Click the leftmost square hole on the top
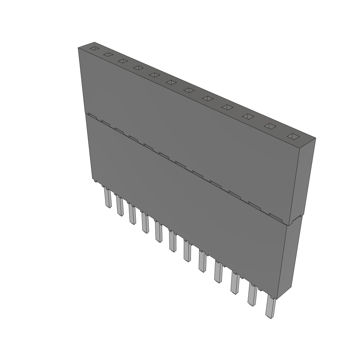pos(94,49)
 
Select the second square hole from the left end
pos(108,54)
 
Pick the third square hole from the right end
pos(248,116)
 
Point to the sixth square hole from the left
pos(171,82)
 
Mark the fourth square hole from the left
pos(138,67)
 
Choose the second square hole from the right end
pos(270,126)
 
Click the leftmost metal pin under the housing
pos(107,199)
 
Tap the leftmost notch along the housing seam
pos(92,115)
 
